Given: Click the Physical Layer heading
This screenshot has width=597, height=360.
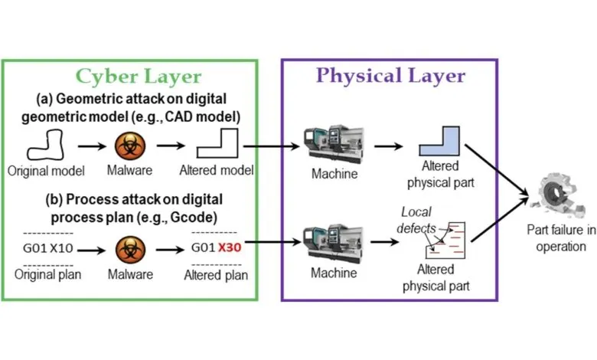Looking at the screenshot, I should coord(390,76).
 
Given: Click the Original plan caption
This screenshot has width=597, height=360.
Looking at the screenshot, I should coord(48,275).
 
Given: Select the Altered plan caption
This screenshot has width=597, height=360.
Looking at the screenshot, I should coord(218,275).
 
